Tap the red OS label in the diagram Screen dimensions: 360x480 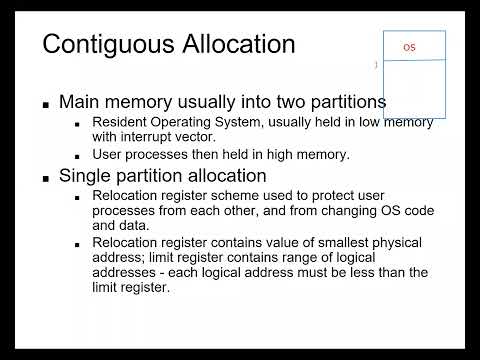(x=408, y=47)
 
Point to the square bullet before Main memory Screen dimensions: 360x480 (x=46, y=104)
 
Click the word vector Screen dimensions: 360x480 (x=222, y=136)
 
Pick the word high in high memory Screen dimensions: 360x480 (x=285, y=156)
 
